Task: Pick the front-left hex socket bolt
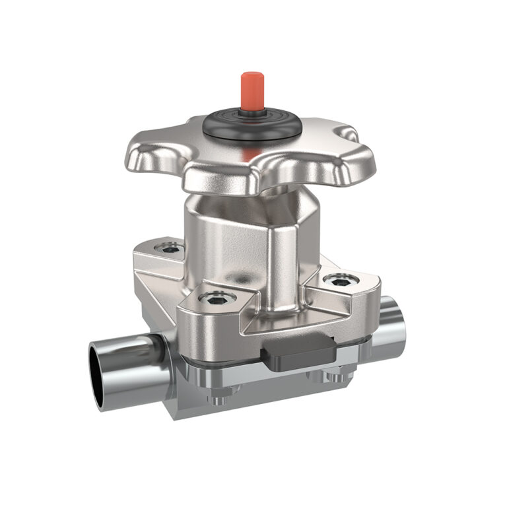pyautogui.click(x=215, y=299)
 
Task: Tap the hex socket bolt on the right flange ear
pyautogui.click(x=341, y=281)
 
